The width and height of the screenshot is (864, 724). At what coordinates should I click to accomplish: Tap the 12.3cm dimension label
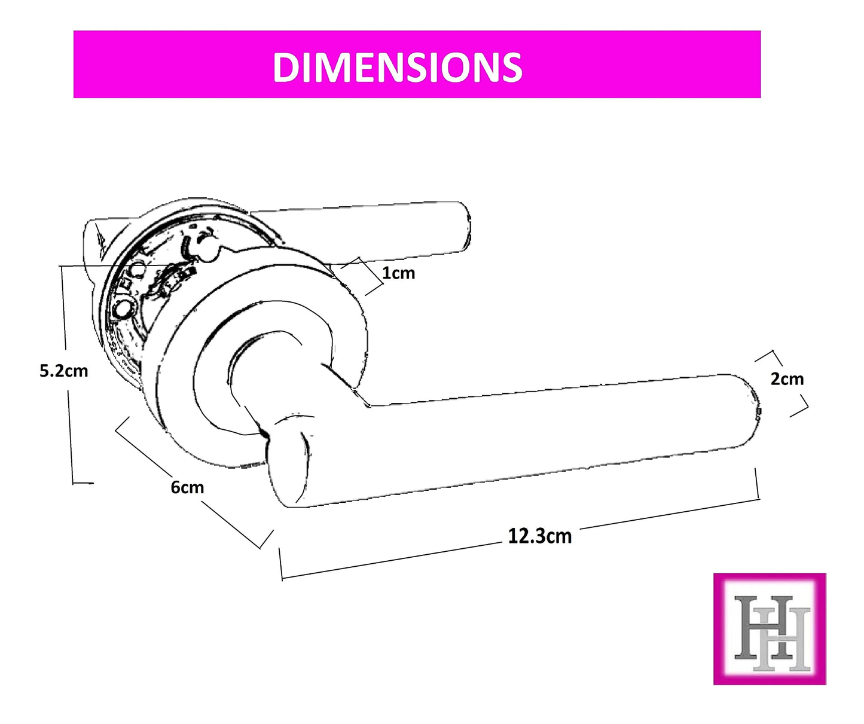tap(539, 536)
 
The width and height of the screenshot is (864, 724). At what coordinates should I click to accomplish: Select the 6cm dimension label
tap(187, 487)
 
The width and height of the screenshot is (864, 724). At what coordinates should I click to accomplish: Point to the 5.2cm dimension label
tap(63, 371)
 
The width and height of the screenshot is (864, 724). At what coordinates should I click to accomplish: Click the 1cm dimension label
tap(398, 273)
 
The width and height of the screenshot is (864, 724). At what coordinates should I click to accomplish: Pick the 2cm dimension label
tap(787, 379)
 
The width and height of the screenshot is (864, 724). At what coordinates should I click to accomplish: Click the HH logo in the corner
tap(770, 629)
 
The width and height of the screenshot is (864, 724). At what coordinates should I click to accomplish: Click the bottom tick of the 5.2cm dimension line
tap(83, 482)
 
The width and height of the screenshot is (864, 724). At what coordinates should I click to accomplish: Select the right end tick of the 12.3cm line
tap(758, 484)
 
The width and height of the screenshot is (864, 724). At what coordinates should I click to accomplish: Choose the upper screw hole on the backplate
tap(138, 270)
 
